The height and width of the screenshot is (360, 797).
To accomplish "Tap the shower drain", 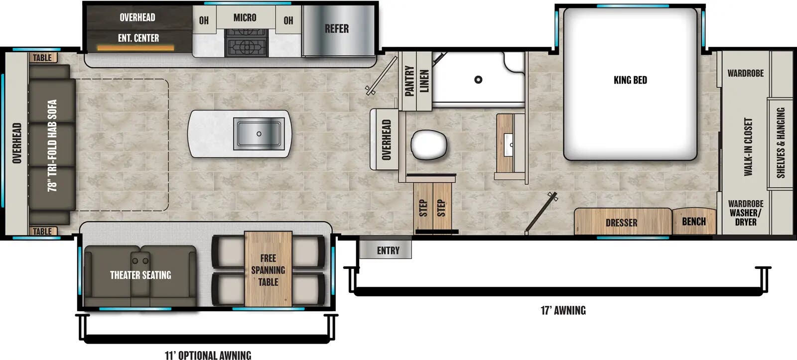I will pos(478,79).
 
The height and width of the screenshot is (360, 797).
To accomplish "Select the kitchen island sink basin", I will pos(259,134).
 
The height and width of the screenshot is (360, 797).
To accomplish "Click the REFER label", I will pos(337,29).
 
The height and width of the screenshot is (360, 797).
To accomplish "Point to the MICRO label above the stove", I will pos(245,18).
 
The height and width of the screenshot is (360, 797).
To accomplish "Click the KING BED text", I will pos(630,80).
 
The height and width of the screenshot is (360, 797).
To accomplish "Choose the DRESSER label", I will pos(621,223).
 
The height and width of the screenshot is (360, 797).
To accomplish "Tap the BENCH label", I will pos(693,221).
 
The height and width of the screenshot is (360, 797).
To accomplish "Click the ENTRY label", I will pos(388,250).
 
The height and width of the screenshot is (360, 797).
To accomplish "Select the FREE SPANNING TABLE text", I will pos(268,270).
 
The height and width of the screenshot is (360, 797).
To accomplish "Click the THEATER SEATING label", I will pos(140,275).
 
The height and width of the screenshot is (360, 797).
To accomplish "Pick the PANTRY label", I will pos(409,81).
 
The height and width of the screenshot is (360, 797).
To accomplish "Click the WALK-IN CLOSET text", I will pos(748,146).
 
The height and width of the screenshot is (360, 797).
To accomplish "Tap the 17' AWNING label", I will pos(563,311).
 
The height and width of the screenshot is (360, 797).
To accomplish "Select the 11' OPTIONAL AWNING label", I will pos(208,355).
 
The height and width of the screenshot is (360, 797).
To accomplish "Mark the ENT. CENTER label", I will pos(138,38).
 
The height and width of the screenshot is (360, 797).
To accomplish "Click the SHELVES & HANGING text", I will pos(781,143).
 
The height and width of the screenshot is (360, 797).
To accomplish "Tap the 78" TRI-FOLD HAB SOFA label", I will pos(52,145).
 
